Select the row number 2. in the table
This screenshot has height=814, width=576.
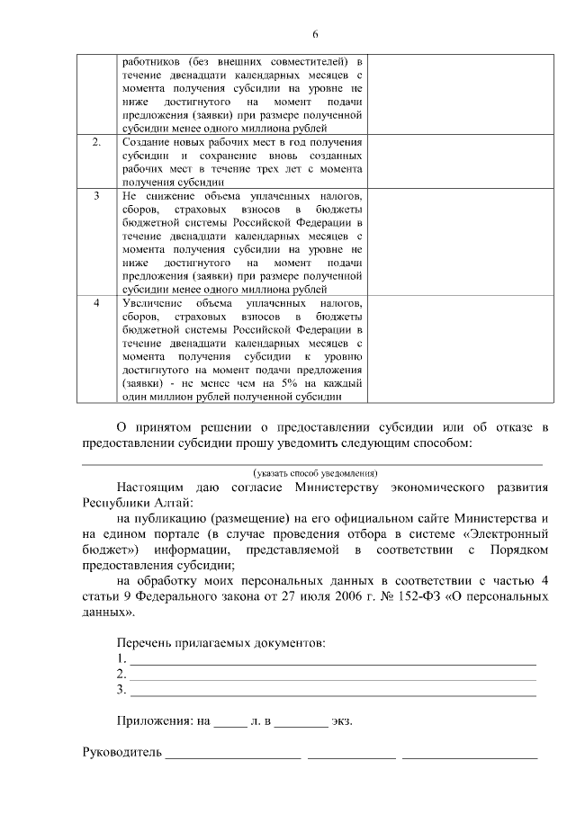coord(97,143)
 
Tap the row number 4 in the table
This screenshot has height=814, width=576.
coord(97,304)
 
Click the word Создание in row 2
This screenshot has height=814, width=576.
coord(145,143)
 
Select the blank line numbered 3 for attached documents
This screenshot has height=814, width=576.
coord(333,692)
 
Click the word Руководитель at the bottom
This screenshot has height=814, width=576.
coord(121,753)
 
